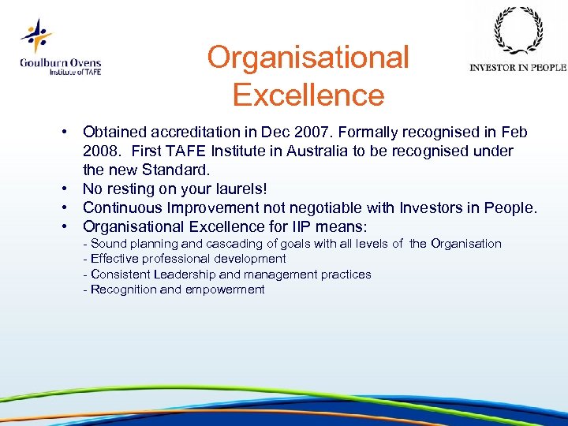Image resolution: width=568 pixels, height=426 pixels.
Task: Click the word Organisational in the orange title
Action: point(308,58)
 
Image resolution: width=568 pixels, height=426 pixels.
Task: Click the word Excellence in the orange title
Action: point(308,95)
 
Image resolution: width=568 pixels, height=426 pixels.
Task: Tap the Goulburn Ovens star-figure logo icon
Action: point(36,36)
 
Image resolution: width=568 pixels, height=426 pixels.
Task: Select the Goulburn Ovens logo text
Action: point(61,66)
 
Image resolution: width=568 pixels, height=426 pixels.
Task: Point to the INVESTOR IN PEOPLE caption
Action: point(518,68)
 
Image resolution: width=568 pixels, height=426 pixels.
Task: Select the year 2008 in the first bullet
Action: point(103,151)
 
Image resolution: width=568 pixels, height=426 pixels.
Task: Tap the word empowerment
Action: point(225,290)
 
